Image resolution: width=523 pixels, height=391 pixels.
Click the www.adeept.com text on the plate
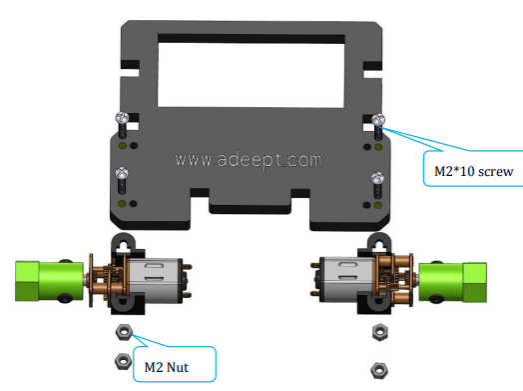(249, 160)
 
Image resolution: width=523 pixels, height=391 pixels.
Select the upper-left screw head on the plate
(122, 118)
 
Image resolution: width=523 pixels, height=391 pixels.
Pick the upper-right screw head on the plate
(378, 119)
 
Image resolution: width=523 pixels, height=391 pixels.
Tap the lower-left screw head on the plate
(122, 173)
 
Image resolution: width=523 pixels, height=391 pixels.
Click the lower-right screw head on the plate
(377, 178)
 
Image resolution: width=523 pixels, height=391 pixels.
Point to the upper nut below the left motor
(124, 332)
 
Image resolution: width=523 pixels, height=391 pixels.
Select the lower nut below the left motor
(123, 361)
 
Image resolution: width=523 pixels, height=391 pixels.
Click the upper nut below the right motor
(379, 332)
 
